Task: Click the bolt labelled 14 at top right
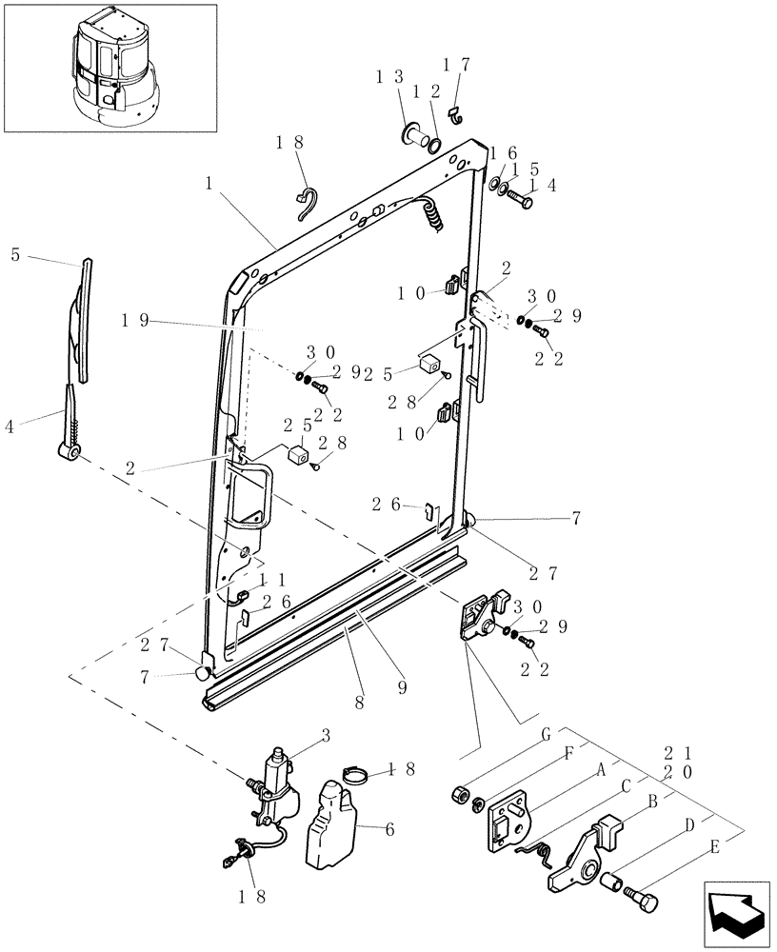pyautogui.click(x=523, y=201)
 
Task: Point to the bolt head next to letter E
pyautogui.click(x=645, y=898)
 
